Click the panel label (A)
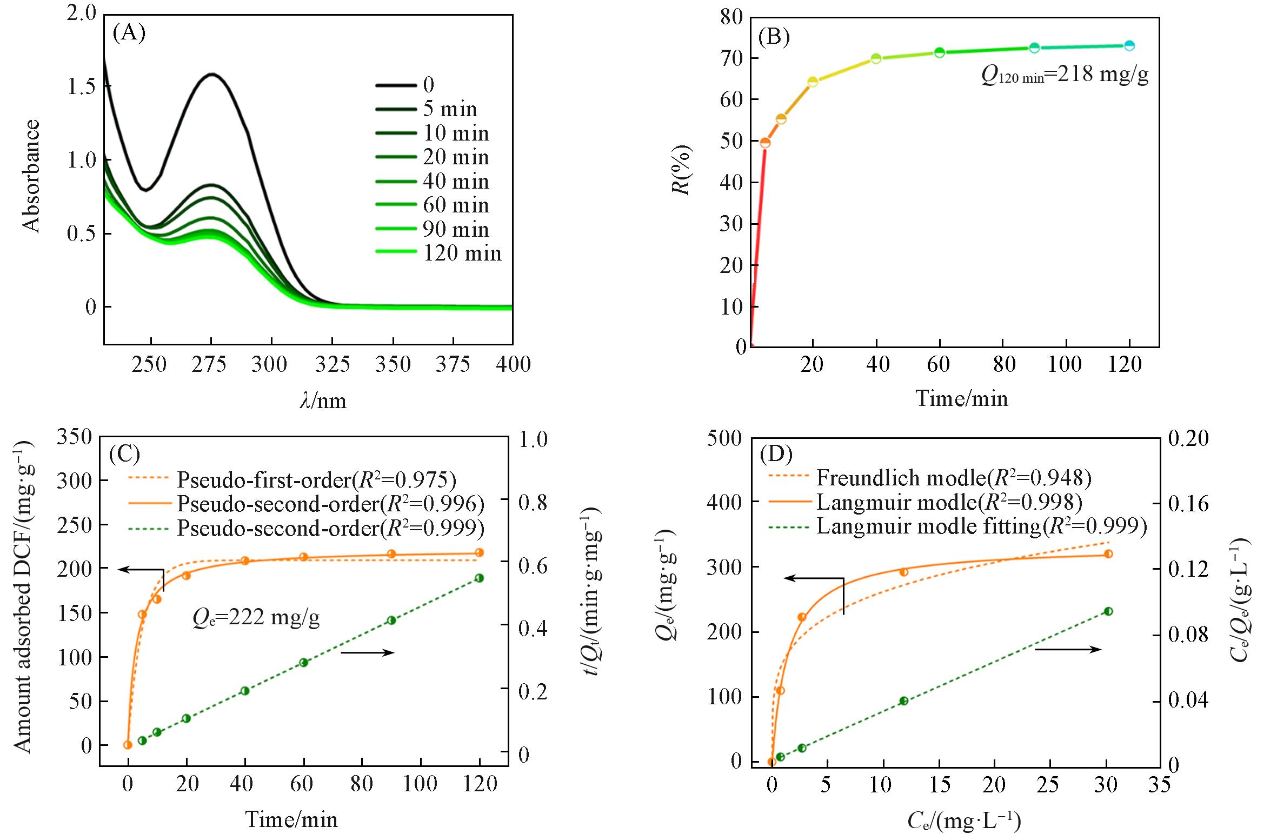click(x=129, y=34)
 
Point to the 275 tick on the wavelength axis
click(x=210, y=365)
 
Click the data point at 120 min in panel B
click(x=1129, y=46)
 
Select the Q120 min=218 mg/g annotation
click(x=1064, y=76)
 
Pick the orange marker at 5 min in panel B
click(x=765, y=143)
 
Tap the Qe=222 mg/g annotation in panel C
click(x=256, y=617)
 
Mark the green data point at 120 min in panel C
click(x=479, y=578)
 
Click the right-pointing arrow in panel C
click(x=368, y=652)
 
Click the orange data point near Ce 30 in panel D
click(x=1108, y=553)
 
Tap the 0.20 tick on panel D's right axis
click(x=1186, y=438)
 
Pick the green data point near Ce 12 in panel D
click(x=903, y=701)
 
